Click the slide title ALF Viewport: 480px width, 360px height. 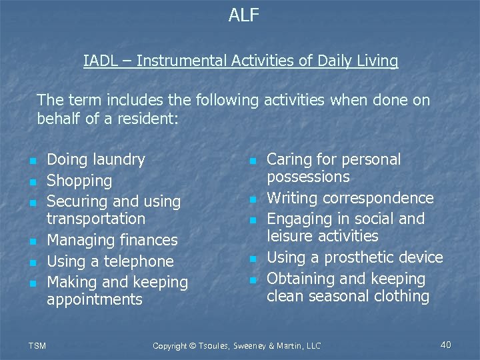pyautogui.click(x=244, y=15)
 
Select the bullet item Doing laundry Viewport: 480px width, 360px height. pyautogui.click(x=96, y=159)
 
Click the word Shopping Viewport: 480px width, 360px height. pyautogui.click(x=79, y=181)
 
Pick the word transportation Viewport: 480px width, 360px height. pyautogui.click(x=96, y=219)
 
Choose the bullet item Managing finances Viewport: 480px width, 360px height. pyautogui.click(x=112, y=240)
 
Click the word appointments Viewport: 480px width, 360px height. pyautogui.click(x=95, y=299)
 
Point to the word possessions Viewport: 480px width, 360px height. pyautogui.click(x=308, y=177)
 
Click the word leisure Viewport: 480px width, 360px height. pyautogui.click(x=289, y=236)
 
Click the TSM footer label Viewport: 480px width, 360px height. pyautogui.click(x=37, y=345)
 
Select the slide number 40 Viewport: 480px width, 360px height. pyautogui.click(x=446, y=345)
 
